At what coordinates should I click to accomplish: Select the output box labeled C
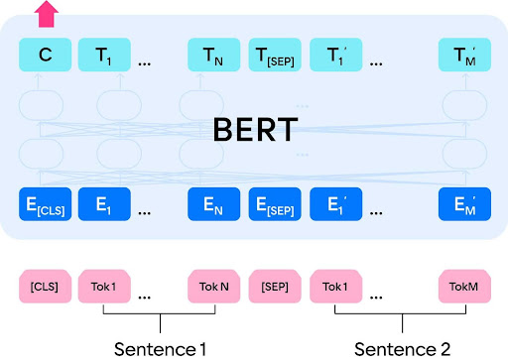click(x=45, y=54)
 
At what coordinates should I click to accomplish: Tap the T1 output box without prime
click(x=103, y=54)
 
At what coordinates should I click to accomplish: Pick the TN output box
click(x=213, y=54)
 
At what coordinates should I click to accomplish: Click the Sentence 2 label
click(x=402, y=348)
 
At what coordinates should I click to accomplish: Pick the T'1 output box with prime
click(x=336, y=54)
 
